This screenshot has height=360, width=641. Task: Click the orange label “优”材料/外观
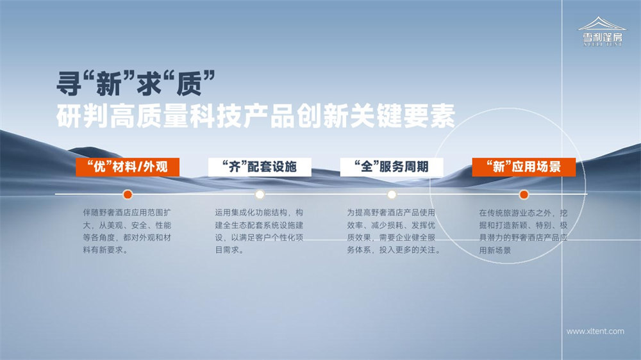point(128,167)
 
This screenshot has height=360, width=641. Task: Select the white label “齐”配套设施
point(260,167)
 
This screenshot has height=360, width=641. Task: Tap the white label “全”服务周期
point(392,167)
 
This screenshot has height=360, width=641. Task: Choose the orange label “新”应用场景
point(524,167)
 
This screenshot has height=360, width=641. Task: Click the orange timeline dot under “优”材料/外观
point(128,195)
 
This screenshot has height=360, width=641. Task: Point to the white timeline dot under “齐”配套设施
point(260,195)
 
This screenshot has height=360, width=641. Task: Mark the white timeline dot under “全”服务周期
point(392,195)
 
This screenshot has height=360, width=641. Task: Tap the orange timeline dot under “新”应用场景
point(524,195)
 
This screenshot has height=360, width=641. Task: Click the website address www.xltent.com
point(595,331)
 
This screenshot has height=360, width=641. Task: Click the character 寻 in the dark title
point(69,84)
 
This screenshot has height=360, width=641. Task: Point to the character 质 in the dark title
point(189,84)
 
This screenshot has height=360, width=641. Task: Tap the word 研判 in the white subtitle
point(83,117)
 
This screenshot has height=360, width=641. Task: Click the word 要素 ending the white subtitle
point(429,117)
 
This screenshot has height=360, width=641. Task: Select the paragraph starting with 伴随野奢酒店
point(127,231)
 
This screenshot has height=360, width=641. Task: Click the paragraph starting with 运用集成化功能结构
point(259,231)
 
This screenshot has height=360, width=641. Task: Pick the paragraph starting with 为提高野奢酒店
point(394,231)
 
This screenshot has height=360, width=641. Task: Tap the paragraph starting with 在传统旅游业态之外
point(523,232)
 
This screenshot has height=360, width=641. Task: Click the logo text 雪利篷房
point(602,38)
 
